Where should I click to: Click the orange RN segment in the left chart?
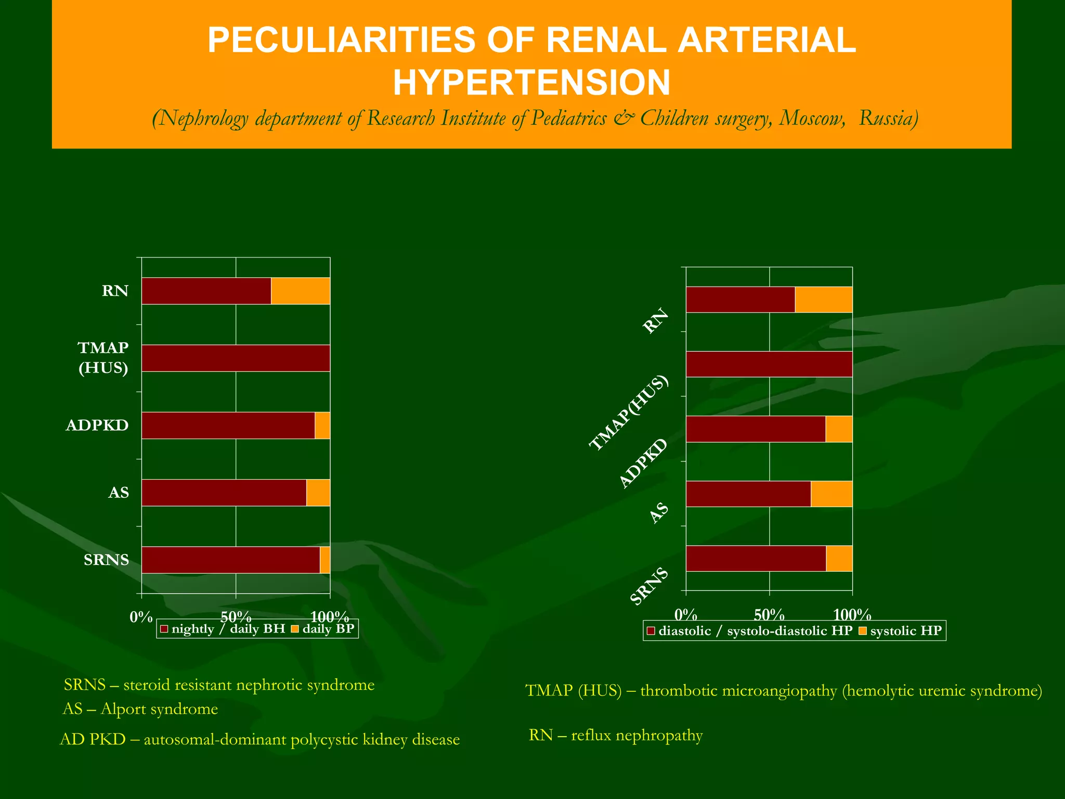click(300, 291)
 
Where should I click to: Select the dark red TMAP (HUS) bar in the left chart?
click(236, 358)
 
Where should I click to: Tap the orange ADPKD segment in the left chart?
click(322, 426)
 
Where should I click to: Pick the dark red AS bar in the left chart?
click(224, 493)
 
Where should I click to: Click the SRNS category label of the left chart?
click(107, 560)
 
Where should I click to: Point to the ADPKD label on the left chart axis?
click(97, 426)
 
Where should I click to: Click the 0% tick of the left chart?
click(141, 617)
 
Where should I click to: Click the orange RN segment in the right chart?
click(824, 300)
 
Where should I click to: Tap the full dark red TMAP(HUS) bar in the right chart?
click(769, 364)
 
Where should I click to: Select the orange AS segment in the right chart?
click(832, 494)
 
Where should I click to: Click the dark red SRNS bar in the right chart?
click(756, 559)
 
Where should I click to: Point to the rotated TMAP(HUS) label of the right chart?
click(628, 413)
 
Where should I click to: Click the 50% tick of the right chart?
click(769, 615)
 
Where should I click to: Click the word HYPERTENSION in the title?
click(531, 83)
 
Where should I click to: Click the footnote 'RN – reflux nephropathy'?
click(616, 736)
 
